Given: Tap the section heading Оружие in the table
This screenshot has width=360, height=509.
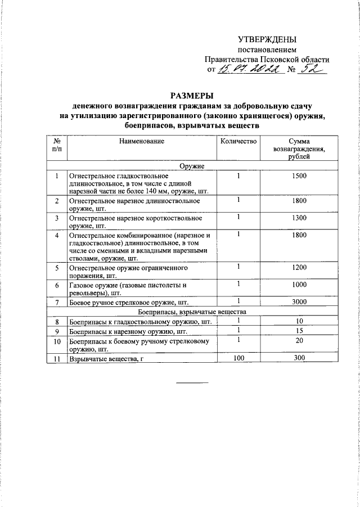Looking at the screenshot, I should click(x=192, y=166).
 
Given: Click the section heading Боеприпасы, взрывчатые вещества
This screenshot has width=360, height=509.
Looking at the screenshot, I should click(x=192, y=311).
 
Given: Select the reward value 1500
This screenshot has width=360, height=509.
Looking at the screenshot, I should click(x=299, y=176).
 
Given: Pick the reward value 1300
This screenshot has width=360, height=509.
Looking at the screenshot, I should click(x=299, y=217).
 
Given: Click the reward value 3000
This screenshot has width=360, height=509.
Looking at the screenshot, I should click(x=299, y=302).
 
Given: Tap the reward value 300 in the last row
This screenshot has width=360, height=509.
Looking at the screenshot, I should click(x=299, y=357).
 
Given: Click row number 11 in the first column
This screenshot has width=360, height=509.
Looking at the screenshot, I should click(x=57, y=358).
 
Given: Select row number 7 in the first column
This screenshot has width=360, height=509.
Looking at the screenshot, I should click(x=57, y=303).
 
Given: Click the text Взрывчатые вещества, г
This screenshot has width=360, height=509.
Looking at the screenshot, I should click(x=103, y=358).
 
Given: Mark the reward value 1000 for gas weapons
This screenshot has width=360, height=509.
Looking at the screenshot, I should click(x=299, y=285).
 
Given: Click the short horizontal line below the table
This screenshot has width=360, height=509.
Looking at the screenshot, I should click(x=192, y=383).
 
